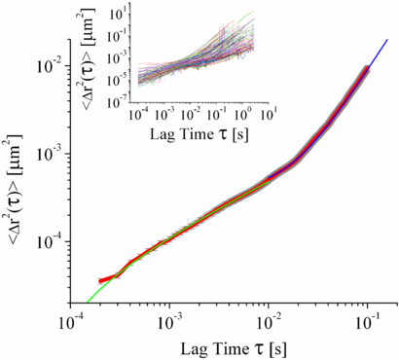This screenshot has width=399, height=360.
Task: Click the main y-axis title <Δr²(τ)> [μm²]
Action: point(16,179)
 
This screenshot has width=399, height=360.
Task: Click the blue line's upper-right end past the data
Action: point(387,40)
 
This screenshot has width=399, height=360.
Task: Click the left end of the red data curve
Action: point(101,281)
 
